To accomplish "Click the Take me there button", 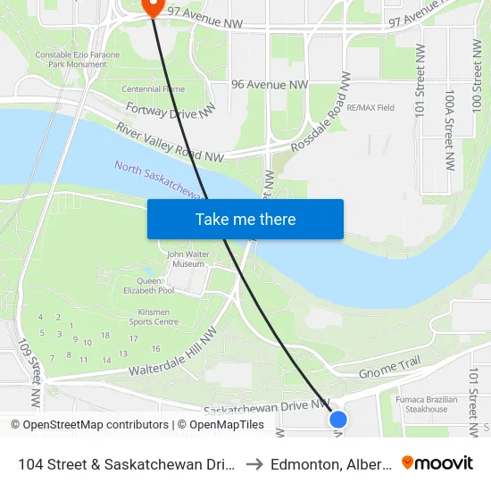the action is pyautogui.click(x=245, y=219).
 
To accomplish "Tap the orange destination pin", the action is pyautogui.click(x=151, y=7).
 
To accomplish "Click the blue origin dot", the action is pyautogui.click(x=337, y=418).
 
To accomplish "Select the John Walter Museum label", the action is pyautogui.click(x=187, y=259).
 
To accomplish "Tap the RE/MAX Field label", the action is pyautogui.click(x=370, y=108).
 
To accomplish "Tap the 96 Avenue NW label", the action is pyautogui.click(x=269, y=84).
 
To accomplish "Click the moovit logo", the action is pyautogui.click(x=437, y=462).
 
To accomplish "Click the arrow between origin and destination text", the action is pyautogui.click(x=254, y=463).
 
